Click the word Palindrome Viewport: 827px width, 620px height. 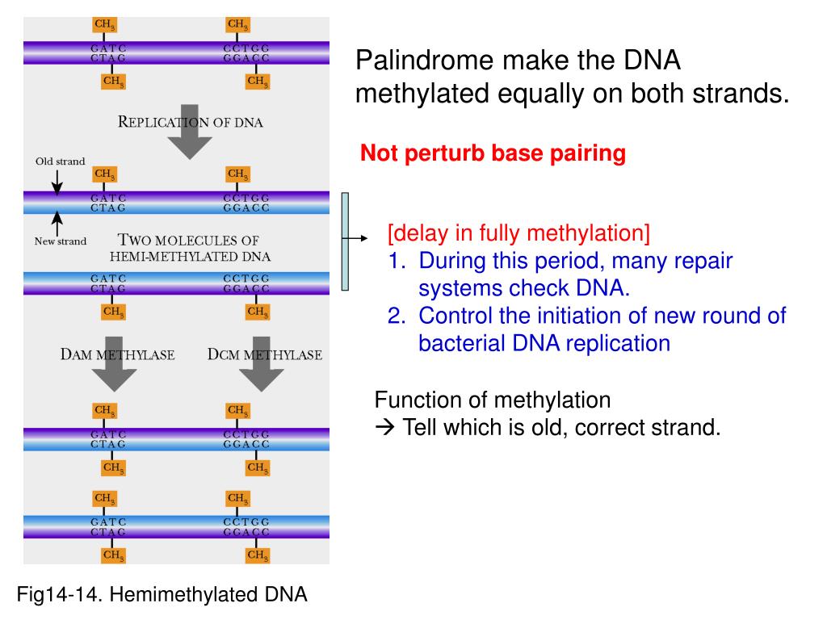tap(425, 60)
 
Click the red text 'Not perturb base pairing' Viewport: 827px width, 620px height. tap(493, 153)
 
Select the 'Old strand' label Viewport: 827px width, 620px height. tap(60, 161)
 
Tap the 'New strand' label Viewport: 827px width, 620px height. tap(60, 241)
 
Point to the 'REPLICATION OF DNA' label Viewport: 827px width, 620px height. tap(191, 123)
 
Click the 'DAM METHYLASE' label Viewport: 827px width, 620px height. tap(117, 354)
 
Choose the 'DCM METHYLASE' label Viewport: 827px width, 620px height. tap(265, 354)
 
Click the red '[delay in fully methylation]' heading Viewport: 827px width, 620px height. tap(518, 232)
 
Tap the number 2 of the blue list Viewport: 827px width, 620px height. tap(396, 316)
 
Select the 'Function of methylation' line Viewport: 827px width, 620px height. tap(493, 400)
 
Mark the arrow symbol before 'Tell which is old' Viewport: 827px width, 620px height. tap(384, 427)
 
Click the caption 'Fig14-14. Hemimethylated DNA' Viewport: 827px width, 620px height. tap(162, 594)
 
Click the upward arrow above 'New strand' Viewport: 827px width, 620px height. tap(57, 224)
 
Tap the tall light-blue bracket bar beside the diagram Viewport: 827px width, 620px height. tap(345, 241)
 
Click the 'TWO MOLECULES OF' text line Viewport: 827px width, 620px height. tap(188, 240)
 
